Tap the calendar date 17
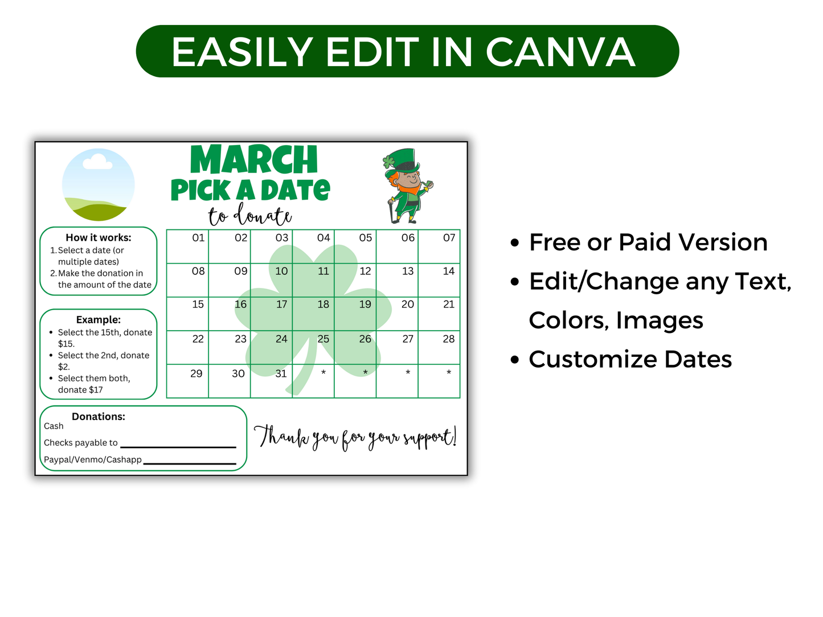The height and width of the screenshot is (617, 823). click(x=281, y=305)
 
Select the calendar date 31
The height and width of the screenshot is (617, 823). click(x=281, y=373)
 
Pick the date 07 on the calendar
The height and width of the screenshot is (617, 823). click(x=449, y=237)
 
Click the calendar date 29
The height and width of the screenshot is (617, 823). click(x=196, y=373)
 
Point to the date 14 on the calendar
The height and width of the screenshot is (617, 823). click(x=449, y=271)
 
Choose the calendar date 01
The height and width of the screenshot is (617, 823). click(x=198, y=237)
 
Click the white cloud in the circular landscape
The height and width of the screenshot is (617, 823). click(x=97, y=163)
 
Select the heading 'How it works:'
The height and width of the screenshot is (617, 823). click(x=99, y=237)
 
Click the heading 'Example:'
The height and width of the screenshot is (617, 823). click(x=99, y=319)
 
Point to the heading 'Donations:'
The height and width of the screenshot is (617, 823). click(x=99, y=416)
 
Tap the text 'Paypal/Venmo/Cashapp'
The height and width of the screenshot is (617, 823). click(x=93, y=459)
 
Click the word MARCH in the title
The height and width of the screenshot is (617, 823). click(x=254, y=160)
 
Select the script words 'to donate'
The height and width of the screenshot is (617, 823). click(x=250, y=216)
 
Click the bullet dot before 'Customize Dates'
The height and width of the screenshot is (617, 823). click(x=515, y=360)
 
